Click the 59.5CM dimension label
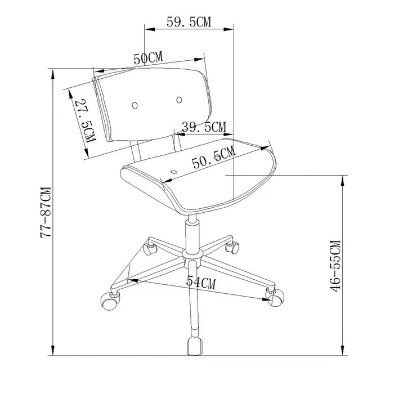189,22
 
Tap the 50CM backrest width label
148,58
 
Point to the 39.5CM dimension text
204,127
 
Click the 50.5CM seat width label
214,158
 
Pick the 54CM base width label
201,282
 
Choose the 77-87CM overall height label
46,213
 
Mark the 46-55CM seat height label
335,266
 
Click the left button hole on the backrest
135,105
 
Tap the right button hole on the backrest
179,100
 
